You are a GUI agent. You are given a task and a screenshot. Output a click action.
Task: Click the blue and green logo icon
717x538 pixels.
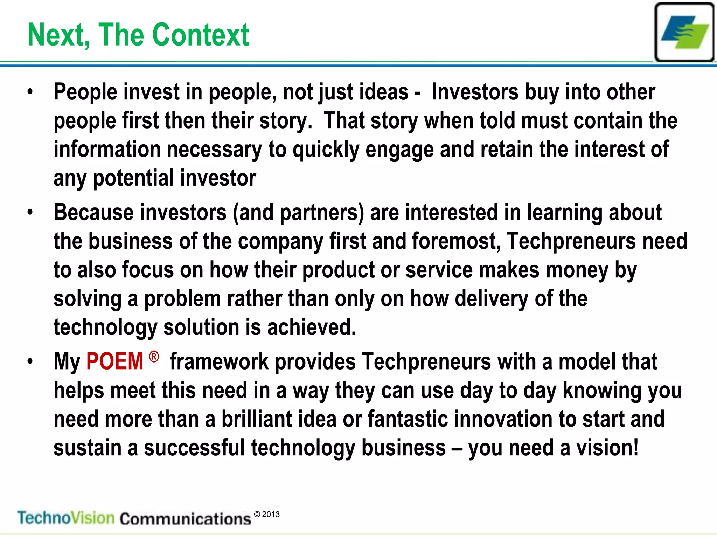684,32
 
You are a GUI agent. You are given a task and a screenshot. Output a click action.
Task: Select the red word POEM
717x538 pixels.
115,361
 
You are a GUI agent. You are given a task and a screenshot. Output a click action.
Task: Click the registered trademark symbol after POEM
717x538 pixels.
154,357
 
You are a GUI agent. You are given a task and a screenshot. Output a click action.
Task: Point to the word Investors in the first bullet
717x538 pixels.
475,92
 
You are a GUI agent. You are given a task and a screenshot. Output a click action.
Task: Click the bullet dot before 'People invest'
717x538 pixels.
30,92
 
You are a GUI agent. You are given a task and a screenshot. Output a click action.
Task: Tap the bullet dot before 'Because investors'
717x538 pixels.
30,213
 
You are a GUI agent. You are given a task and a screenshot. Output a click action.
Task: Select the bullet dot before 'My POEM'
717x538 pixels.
30,361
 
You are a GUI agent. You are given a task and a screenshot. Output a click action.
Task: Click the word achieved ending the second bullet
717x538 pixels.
312,327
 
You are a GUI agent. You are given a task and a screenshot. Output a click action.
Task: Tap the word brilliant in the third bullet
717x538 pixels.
257,419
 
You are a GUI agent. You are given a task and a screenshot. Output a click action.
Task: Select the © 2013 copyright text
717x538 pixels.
267,514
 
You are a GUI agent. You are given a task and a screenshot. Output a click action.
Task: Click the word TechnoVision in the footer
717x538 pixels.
66,518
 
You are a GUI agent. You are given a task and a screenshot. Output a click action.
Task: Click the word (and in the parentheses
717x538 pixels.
253,213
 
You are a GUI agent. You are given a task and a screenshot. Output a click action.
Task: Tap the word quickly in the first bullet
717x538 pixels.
326,150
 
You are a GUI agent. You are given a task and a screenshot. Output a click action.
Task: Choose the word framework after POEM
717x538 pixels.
219,361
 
